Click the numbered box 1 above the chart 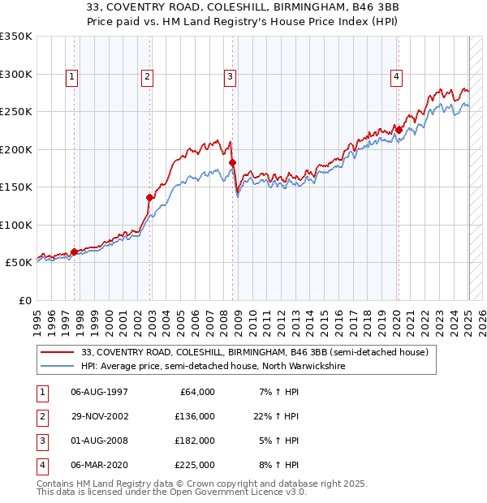(x=72, y=78)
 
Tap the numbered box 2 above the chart (x=147, y=78)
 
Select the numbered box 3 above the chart (x=231, y=78)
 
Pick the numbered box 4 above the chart (x=397, y=78)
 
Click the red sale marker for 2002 (x=150, y=197)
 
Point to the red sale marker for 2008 (x=232, y=163)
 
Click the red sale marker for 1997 (x=74, y=251)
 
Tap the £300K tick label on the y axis (x=16, y=74)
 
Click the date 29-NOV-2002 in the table (x=100, y=416)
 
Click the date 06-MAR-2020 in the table (x=100, y=465)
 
